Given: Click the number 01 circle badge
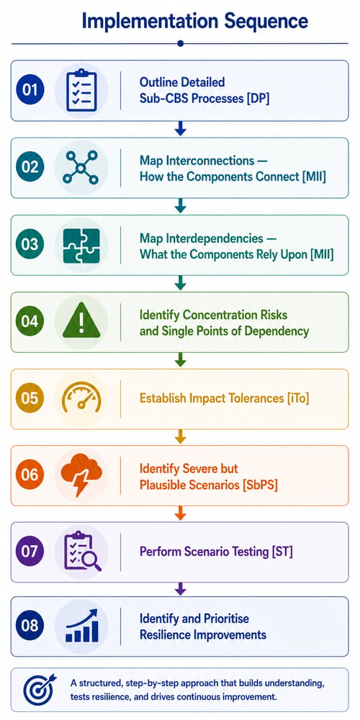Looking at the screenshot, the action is (x=30, y=90).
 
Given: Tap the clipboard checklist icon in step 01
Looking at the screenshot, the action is (x=81, y=91).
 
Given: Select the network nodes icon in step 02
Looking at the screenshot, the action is (x=81, y=168).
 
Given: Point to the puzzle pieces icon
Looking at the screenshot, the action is (x=81, y=246).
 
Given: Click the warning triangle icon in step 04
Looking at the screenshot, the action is (x=81, y=320).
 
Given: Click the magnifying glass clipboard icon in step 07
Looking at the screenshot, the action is (x=83, y=551).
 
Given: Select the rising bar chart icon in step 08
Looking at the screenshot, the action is (x=82, y=626).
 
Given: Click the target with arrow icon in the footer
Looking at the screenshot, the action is (x=40, y=689).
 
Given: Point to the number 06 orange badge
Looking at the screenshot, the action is (x=30, y=474).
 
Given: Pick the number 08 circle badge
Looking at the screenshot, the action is (x=30, y=626).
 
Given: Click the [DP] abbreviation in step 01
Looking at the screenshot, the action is (x=257, y=98).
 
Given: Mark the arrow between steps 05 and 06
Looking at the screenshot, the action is (x=181, y=436).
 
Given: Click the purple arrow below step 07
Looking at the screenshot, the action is (x=181, y=589).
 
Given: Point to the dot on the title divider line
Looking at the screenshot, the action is (x=181, y=44).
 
